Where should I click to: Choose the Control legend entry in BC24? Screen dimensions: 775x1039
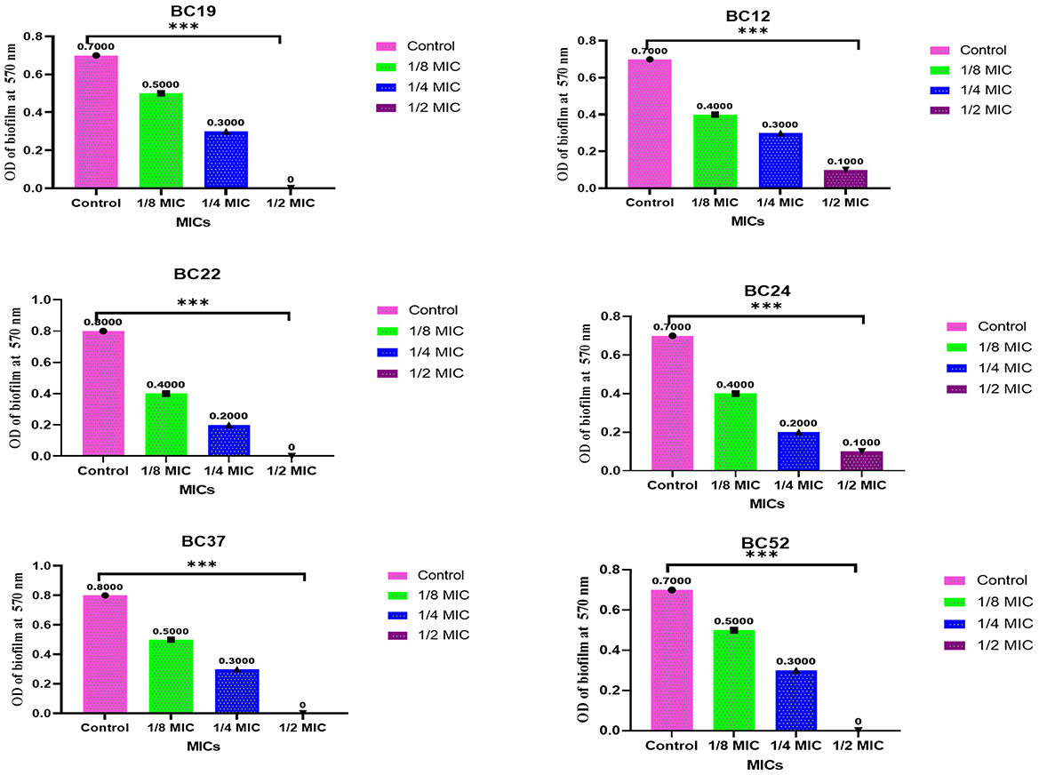(978, 326)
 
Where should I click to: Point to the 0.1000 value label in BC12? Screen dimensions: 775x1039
(845, 162)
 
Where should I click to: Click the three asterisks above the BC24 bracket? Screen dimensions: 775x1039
(765, 307)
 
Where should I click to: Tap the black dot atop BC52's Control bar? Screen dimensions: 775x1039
(672, 590)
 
